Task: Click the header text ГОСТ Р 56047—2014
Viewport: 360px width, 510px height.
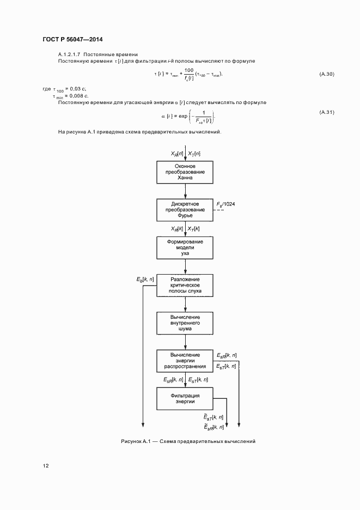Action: coord(72,39)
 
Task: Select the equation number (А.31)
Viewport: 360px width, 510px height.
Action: coord(326,112)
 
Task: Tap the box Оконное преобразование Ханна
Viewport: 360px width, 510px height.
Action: coord(185,172)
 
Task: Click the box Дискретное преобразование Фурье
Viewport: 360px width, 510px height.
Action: coord(185,210)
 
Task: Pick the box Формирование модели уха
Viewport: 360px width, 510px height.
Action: coord(185,247)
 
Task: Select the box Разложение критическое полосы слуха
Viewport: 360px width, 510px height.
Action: coord(185,285)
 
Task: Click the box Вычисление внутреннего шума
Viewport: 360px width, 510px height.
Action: coord(185,323)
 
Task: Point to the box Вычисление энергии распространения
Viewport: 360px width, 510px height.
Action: coord(185,360)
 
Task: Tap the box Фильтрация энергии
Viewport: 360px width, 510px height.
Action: coord(185,398)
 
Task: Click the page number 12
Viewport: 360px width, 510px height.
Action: coord(45,465)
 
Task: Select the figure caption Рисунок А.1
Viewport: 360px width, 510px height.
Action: coord(188,441)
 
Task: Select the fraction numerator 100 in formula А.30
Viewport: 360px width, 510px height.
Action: coord(189,70)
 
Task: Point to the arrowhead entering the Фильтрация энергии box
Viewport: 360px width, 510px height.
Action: coord(185,385)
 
